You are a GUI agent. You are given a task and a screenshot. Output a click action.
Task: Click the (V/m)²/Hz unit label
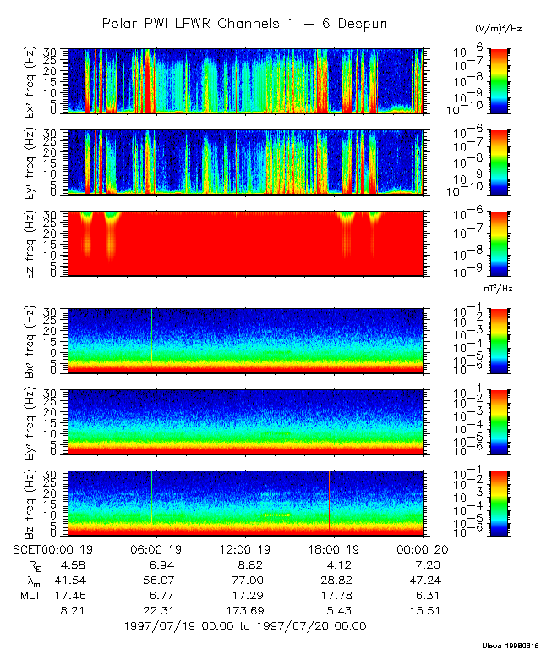click(x=499, y=28)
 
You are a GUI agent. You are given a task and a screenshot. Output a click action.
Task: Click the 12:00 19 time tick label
click(x=244, y=548)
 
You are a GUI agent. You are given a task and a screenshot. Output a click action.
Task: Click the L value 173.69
click(x=244, y=610)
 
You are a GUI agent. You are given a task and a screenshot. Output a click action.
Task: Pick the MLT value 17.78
click(x=333, y=595)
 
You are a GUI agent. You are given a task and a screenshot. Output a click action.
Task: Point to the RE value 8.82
click(x=244, y=564)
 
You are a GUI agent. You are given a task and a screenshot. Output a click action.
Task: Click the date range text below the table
click(x=244, y=626)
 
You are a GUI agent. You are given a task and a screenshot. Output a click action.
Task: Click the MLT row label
click(x=26, y=595)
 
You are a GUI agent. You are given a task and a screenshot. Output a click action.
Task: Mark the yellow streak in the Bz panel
click(x=277, y=515)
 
